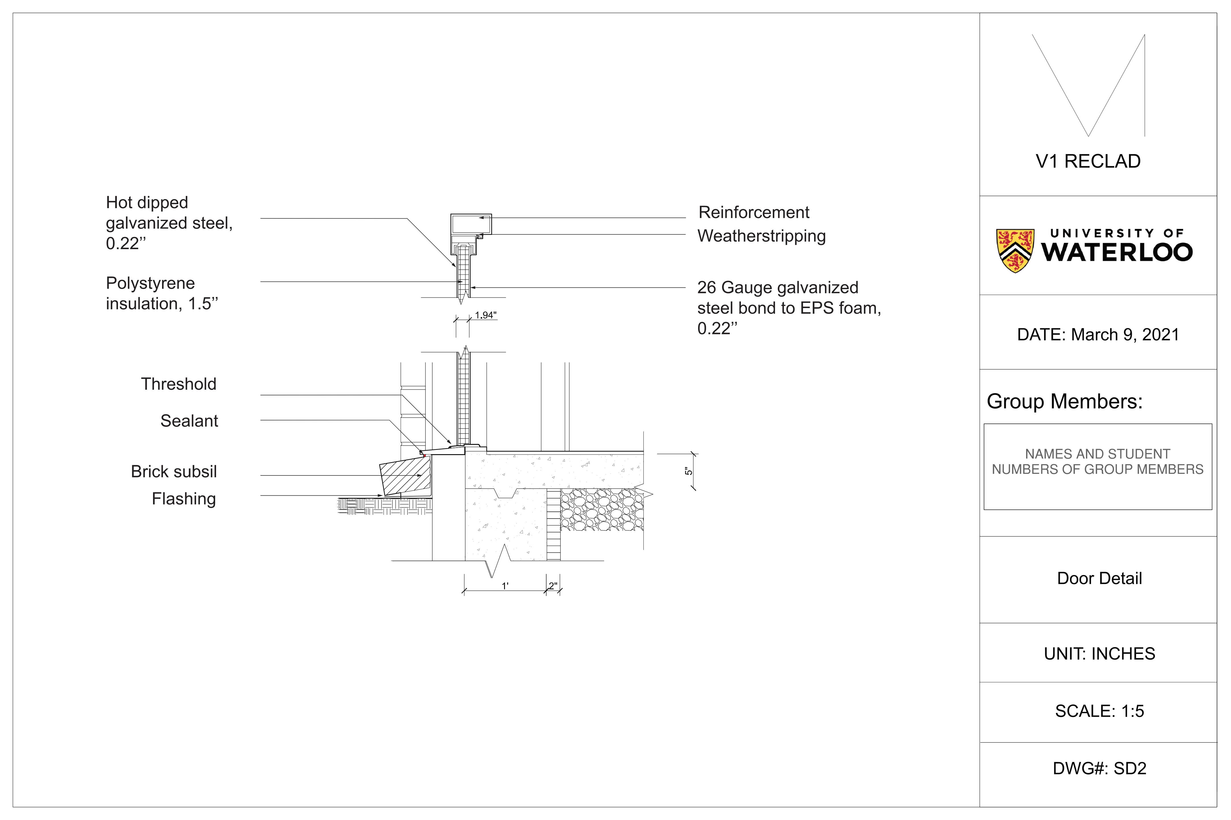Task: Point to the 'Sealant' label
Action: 189,421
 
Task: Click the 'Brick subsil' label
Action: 174,472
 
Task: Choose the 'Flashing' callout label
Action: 184,499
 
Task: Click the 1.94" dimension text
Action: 486,315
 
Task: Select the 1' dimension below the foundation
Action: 505,586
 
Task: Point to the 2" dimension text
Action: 553,586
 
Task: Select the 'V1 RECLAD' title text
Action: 1088,162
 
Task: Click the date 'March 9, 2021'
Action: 1125,335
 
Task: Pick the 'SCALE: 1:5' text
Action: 1099,711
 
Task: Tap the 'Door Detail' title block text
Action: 1099,578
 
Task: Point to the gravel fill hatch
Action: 602,510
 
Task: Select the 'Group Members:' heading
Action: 1065,402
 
